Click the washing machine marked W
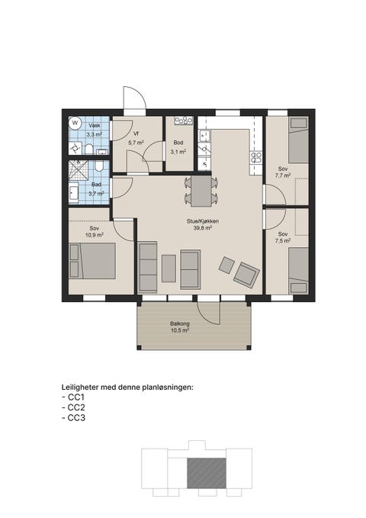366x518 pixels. [75, 124]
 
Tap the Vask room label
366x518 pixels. [95, 126]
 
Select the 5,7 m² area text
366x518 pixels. [136, 143]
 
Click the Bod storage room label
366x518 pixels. [178, 143]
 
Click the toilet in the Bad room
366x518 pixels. [99, 166]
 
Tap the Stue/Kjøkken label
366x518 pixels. [203, 221]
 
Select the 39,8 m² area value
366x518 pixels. [203, 228]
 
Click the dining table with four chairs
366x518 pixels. [201, 191]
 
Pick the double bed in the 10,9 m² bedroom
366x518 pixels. [92, 261]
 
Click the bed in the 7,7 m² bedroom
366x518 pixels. [298, 140]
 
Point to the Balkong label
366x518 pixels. [180, 323]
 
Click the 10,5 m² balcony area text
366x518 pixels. [180, 330]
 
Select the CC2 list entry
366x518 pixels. [74, 407]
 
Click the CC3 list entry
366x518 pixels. [74, 418]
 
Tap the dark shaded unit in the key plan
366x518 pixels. [207, 473]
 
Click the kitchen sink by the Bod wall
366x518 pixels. [204, 136]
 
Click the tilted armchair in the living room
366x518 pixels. [246, 274]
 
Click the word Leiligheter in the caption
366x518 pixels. [80, 388]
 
